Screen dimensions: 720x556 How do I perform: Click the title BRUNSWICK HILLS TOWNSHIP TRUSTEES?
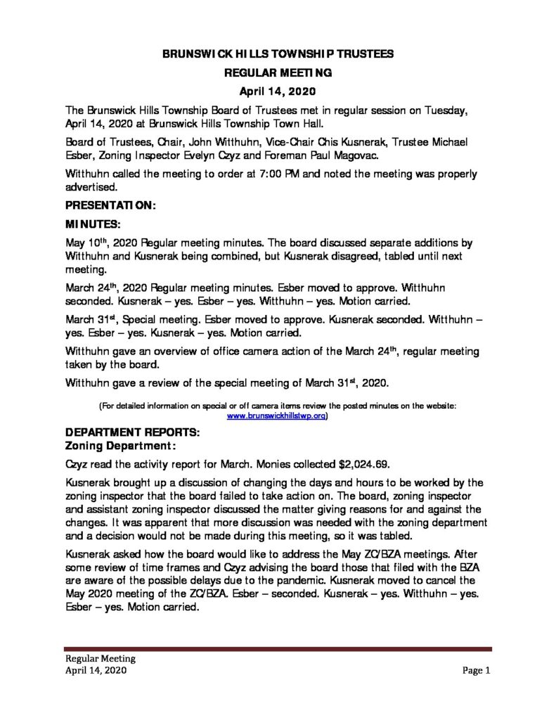278,53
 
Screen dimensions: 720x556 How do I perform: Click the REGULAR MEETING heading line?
278,72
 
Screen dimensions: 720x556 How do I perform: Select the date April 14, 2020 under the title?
278,91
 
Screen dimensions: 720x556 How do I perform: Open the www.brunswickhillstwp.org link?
276,416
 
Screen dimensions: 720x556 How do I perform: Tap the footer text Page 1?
476,671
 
